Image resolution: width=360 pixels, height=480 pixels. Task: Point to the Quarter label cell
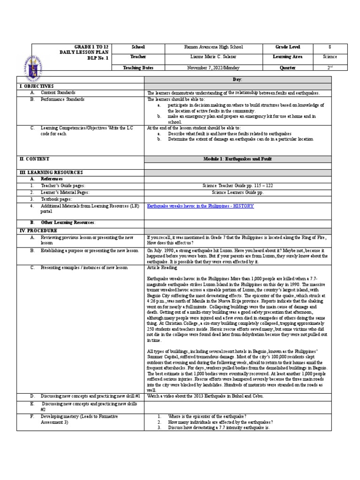(x=288, y=67)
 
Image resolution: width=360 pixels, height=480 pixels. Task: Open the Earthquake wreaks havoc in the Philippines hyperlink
(x=200, y=206)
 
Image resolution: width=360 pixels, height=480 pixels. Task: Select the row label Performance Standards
(x=62, y=99)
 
